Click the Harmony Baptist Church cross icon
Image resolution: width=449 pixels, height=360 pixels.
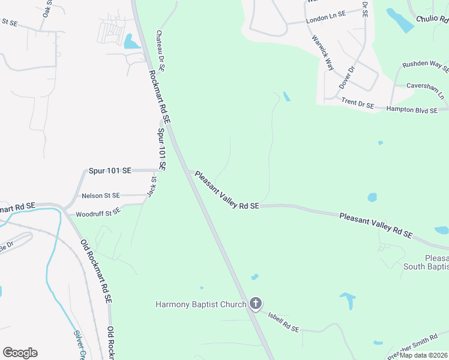coord(256,304)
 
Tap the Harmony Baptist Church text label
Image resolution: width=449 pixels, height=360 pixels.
coord(201,304)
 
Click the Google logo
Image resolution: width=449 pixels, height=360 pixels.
coord(20,353)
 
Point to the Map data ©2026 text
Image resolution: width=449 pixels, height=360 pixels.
coord(423,355)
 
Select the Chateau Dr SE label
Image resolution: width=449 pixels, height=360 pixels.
coord(161,52)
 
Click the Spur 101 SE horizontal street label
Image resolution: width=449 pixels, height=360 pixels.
coord(110,170)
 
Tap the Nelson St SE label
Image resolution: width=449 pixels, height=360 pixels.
coord(101,196)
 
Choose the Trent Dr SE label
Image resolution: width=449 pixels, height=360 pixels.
coord(358,104)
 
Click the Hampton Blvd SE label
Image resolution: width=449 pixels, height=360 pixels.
coord(414,109)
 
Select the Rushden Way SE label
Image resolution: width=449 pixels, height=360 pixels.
coord(426,65)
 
